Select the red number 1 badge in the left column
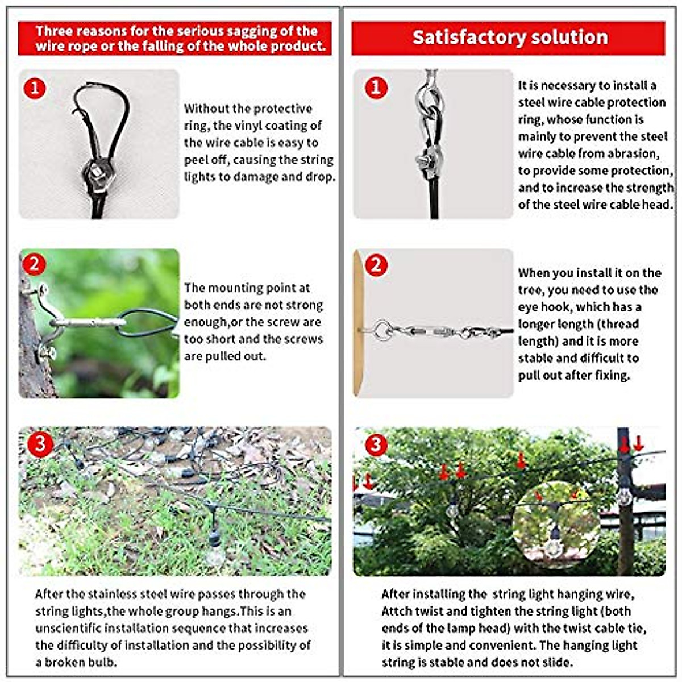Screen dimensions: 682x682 coord(35,88)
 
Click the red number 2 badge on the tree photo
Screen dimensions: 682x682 coord(35,264)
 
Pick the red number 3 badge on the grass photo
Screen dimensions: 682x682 coord(39,443)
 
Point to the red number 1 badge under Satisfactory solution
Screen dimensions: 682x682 coord(376,88)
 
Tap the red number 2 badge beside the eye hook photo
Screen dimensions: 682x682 coord(376,265)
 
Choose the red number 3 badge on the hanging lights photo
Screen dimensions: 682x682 coord(375,444)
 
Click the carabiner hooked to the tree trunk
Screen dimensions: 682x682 coord(88,323)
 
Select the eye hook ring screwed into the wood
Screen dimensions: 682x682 coord(380,328)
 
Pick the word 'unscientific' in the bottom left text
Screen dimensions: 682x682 coord(68,628)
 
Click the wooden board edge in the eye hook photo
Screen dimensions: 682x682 coord(358,324)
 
